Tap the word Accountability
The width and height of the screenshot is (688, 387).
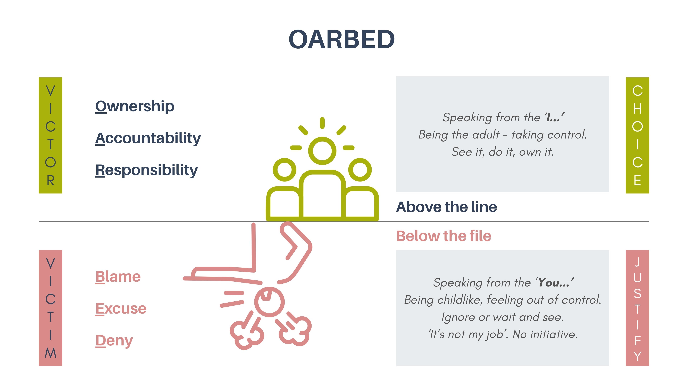point(148,138)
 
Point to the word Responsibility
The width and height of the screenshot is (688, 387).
point(147,170)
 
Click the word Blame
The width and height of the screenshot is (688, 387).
point(118,277)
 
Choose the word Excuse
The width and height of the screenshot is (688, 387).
point(121,309)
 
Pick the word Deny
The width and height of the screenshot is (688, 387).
point(114,341)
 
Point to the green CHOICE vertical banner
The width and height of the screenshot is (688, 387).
point(637,135)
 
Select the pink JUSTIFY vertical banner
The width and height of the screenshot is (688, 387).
point(637,308)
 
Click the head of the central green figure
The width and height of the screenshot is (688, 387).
point(322,151)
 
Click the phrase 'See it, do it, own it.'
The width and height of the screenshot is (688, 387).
point(502,152)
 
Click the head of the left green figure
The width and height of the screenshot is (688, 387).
point(285,170)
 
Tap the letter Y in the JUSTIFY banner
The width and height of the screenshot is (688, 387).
point(637,357)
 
